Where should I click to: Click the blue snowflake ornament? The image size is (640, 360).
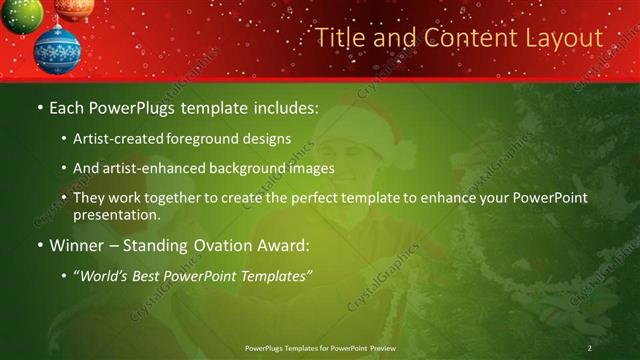(x=57, y=50)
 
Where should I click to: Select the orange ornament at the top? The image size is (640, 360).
(x=73, y=8)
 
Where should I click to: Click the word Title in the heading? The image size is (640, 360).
(x=340, y=38)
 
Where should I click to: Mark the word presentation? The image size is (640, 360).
(x=117, y=214)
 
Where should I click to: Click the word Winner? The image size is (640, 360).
(x=75, y=245)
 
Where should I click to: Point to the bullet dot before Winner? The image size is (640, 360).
(x=38, y=245)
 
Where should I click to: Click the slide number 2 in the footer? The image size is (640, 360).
(x=590, y=347)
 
